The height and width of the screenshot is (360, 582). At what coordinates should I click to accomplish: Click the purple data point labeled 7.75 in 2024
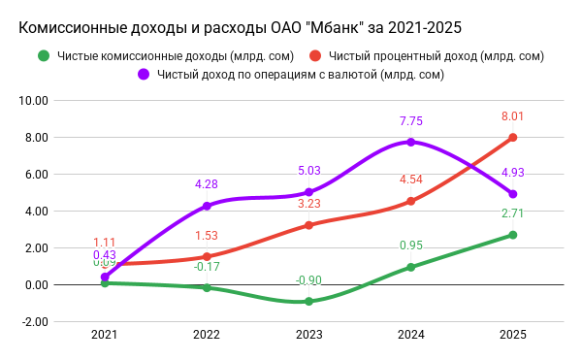(410, 142)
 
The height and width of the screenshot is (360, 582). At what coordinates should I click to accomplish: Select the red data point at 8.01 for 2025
(512, 137)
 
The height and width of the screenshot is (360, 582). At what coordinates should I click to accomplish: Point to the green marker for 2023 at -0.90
(308, 302)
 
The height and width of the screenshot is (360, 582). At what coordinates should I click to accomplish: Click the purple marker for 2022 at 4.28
(207, 206)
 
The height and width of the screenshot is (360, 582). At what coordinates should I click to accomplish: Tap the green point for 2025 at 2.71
(512, 235)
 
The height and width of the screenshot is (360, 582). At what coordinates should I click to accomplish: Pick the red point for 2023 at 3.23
(308, 225)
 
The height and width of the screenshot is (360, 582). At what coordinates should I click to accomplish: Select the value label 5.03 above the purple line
(308, 171)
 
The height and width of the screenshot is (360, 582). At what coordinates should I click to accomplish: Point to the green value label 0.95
(410, 245)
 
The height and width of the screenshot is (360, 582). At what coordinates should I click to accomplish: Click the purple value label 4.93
(512, 173)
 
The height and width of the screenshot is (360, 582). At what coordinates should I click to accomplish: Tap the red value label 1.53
(207, 236)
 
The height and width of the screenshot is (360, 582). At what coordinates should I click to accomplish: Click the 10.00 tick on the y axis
(34, 100)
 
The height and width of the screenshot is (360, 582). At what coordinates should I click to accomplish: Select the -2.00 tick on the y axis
(34, 321)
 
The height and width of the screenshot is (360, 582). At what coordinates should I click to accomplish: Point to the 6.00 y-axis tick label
(36, 174)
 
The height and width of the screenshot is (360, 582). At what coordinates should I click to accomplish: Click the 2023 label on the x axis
(308, 335)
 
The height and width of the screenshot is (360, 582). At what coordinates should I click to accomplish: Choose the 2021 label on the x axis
(105, 335)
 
